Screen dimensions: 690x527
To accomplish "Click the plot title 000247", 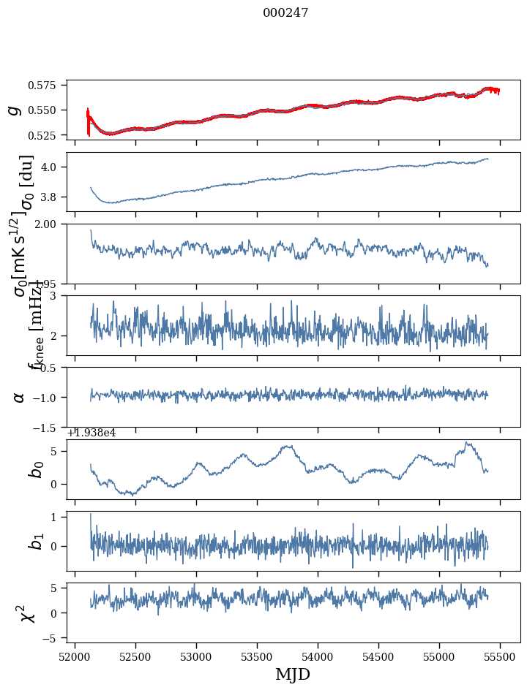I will pos(285,13).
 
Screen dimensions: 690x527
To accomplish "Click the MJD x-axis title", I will pos(293,675).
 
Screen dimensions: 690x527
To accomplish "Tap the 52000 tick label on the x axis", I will pos(75,658).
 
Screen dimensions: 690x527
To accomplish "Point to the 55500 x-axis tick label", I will pos(501,658).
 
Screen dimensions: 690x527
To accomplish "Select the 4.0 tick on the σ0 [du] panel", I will pos(53,167).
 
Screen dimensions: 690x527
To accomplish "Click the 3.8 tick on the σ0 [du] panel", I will pos(53,197).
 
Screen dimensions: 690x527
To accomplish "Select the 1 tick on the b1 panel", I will pos(58,517).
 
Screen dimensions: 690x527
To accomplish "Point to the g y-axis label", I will pos(13,110).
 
